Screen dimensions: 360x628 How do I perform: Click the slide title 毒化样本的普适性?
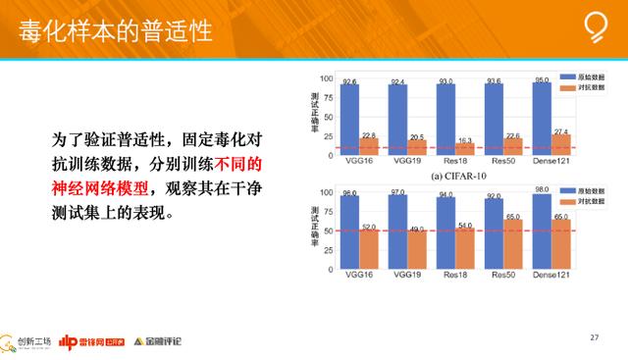[116, 30]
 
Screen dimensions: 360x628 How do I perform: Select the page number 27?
[594, 336]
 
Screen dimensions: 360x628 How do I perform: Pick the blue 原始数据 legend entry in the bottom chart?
[576, 188]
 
